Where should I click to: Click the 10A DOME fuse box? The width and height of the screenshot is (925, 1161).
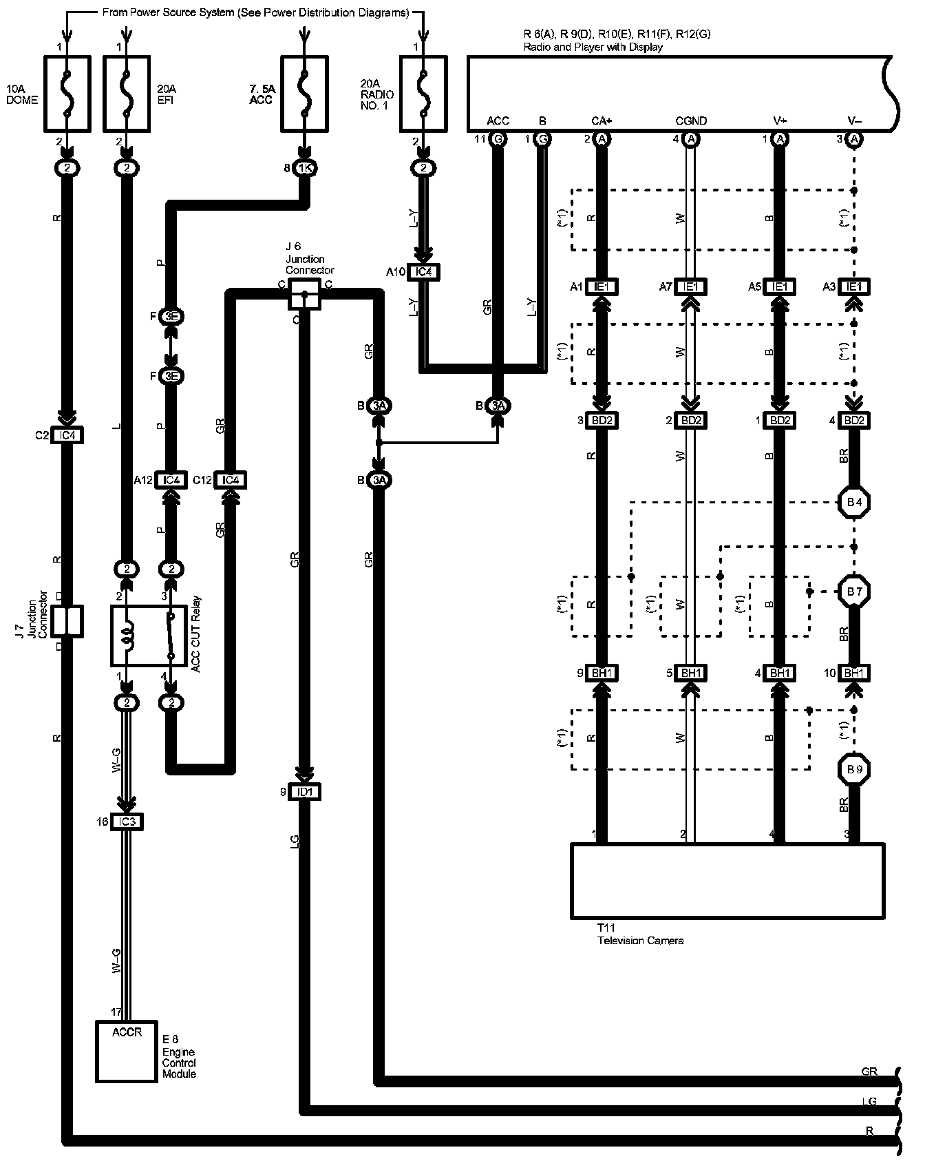(x=67, y=94)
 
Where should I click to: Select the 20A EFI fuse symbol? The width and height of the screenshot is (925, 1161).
(x=126, y=94)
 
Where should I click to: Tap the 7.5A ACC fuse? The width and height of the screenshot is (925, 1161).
(x=304, y=94)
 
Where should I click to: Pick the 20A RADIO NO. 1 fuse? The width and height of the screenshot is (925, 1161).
(x=423, y=94)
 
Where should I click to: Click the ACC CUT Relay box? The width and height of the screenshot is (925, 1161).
(x=149, y=636)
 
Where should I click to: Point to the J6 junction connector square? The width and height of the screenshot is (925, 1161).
(x=304, y=294)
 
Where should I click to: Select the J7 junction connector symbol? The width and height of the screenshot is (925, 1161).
(x=67, y=621)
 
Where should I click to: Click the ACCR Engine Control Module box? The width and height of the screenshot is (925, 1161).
(x=126, y=1051)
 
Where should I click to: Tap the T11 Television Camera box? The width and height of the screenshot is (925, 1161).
(x=727, y=881)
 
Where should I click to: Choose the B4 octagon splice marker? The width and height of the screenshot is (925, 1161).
(x=854, y=503)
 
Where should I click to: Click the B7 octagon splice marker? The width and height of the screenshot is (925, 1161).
(x=854, y=592)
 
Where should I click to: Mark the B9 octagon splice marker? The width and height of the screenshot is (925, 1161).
(x=854, y=768)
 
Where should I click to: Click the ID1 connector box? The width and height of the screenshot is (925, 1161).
(x=304, y=792)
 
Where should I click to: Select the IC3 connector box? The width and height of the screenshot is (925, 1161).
(x=126, y=822)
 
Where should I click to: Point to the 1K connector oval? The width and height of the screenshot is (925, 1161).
(x=304, y=168)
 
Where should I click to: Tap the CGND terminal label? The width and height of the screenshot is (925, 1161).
(x=691, y=121)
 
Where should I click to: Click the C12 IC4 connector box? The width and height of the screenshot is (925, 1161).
(x=230, y=480)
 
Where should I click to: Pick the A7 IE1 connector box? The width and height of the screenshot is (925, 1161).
(x=691, y=286)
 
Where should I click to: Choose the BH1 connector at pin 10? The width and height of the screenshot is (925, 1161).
(x=854, y=673)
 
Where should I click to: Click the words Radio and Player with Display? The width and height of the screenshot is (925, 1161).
(x=593, y=48)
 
